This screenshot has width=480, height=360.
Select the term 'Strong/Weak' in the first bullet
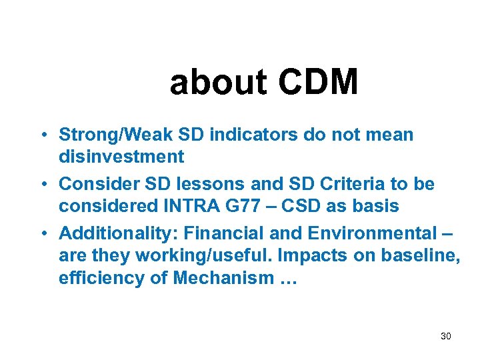(x=117, y=135)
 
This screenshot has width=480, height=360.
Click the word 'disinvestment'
(x=121, y=157)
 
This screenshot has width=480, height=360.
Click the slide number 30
(x=446, y=336)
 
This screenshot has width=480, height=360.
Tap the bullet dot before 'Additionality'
(x=42, y=233)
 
